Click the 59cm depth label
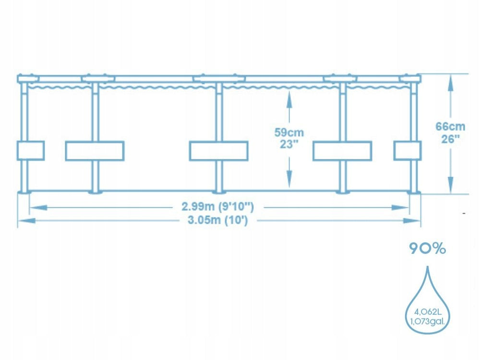(289, 132)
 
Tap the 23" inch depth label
(289, 144)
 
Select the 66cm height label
(450, 126)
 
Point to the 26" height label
(450, 139)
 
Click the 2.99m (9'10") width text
(217, 206)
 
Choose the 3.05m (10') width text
(217, 220)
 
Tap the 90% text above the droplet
(428, 249)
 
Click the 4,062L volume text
(428, 312)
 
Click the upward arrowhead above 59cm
(289, 98)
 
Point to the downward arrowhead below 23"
(289, 179)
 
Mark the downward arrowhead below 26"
(450, 185)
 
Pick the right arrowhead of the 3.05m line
(412, 220)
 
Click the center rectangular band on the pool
(218, 151)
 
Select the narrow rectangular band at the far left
(31, 151)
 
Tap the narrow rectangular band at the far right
(408, 151)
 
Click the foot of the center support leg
(219, 192)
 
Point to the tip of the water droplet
(428, 266)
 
